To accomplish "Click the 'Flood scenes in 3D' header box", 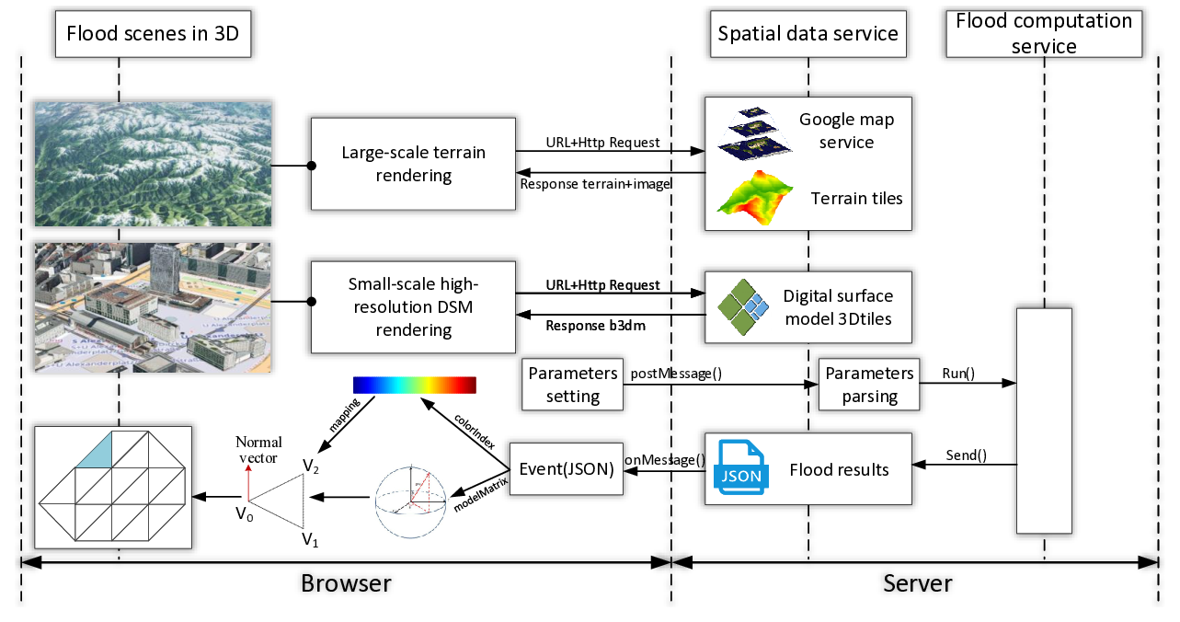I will coord(153,35).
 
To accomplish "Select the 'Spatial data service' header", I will coord(808,35).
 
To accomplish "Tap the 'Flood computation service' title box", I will coord(1044,34).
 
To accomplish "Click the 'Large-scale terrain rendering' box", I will coord(413,164).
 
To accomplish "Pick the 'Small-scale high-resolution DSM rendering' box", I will coord(413,307).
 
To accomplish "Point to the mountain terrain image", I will coord(153,164).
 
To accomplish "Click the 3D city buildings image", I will coord(153,307).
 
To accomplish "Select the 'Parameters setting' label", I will coord(573,385).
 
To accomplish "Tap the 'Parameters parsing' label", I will coord(869,385).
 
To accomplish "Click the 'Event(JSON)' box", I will coord(567,468).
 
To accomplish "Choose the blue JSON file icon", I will coord(740,468).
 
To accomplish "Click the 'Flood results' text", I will coord(839,470).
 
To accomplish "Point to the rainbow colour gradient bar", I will coord(414,385).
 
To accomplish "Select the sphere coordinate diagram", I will coord(412,501).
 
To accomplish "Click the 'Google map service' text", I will coord(846,131).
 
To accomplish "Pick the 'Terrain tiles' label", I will coord(856,199).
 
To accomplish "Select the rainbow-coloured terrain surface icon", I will coord(754,199).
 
